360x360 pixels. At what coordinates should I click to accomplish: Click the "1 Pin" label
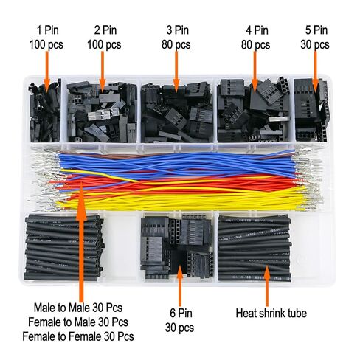(48, 30)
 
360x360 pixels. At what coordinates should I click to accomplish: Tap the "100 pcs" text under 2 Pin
(104, 45)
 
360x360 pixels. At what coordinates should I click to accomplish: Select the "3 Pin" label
(178, 30)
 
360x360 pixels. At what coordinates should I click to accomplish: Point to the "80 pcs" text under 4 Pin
(255, 45)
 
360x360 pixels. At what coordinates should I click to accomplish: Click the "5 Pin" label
(316, 30)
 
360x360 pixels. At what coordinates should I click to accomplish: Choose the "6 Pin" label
(181, 313)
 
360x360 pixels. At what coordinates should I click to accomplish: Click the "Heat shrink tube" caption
(271, 314)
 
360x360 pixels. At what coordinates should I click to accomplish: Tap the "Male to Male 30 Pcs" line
(78, 308)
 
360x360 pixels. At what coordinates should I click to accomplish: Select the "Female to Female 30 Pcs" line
(78, 336)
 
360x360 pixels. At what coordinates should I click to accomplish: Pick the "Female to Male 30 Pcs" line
(78, 322)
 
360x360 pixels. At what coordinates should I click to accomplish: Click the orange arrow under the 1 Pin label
(47, 69)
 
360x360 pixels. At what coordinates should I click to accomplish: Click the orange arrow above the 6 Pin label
(180, 285)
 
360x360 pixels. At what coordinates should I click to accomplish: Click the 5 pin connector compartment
(311, 110)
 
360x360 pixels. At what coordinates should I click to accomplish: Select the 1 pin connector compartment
(45, 110)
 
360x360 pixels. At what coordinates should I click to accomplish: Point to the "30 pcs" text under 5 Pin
(315, 45)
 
